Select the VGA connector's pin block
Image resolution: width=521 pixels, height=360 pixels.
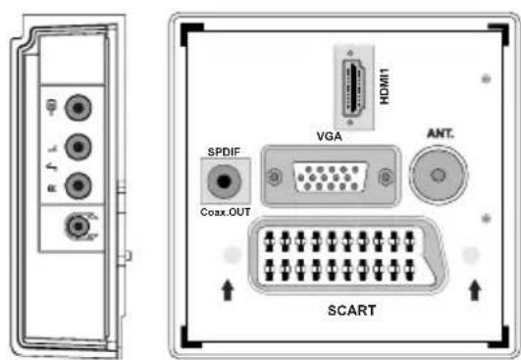point(333,179)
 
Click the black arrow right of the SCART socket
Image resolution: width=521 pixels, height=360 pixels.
point(476,290)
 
